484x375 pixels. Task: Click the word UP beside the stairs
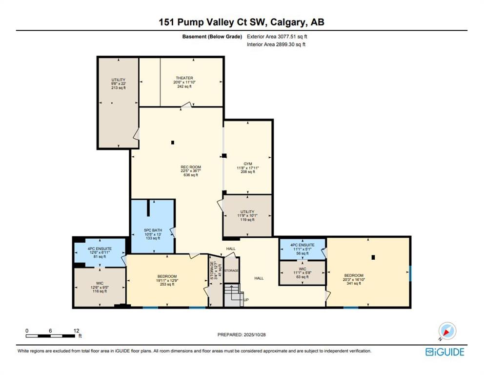[x=246, y=300]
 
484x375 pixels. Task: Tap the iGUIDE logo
[x=445, y=352]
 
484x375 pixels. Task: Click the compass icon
[x=447, y=331]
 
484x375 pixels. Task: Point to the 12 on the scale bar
[x=77, y=331]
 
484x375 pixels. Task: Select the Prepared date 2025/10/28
[x=255, y=334]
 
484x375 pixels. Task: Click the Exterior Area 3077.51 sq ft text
[x=277, y=37]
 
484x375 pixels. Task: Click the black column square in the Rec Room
[x=173, y=143]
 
